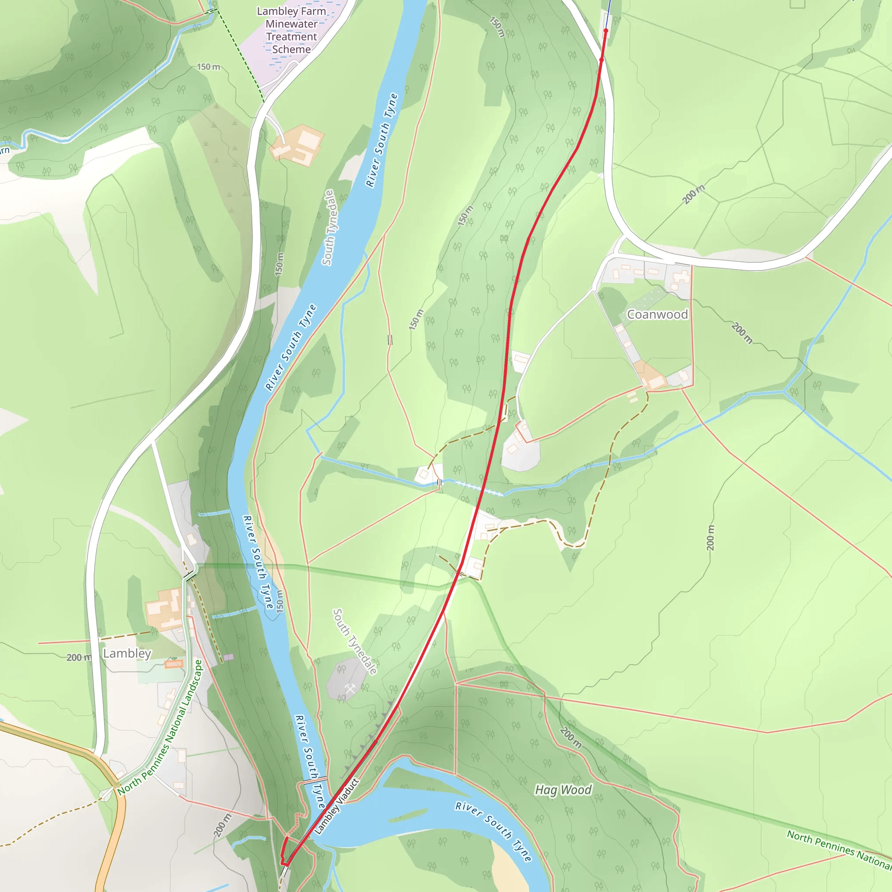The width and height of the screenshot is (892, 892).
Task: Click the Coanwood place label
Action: click(657, 314)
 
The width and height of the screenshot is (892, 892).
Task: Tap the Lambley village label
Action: click(127, 653)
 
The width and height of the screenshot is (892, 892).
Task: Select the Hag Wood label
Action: click(563, 790)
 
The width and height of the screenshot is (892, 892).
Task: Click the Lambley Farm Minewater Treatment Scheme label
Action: click(291, 30)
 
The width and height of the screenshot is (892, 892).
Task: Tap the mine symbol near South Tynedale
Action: click(351, 689)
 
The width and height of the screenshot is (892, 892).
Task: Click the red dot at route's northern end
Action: click(606, 30)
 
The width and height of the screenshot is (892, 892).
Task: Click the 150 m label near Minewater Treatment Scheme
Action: click(209, 67)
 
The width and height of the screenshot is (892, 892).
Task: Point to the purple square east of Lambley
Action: click(228, 656)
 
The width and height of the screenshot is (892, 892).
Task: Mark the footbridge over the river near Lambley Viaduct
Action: click(315, 780)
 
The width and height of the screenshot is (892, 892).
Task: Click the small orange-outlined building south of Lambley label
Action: click(174, 664)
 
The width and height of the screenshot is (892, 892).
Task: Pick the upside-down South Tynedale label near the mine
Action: click(355, 642)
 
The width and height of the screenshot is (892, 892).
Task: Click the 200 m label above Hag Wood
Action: click(571, 737)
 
